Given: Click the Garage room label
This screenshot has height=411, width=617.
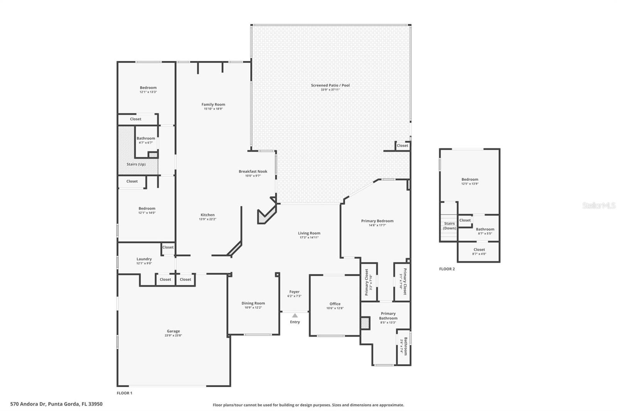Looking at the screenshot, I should coord(173,331).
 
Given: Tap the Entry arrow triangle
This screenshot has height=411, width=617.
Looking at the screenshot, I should coord(295,315).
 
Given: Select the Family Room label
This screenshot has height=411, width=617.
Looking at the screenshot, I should coord(213,104).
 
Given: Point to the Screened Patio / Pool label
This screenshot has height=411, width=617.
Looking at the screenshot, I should coord(330,85).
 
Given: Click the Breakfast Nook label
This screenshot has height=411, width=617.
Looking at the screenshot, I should coord(253,172).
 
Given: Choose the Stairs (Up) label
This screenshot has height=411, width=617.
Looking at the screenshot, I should coord(136,164).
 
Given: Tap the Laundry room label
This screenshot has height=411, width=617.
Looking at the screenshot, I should coord(144,259).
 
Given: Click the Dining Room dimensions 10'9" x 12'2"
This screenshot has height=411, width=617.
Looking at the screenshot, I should coord(253,308).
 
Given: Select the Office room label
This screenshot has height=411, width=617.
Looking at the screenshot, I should coord(335,304).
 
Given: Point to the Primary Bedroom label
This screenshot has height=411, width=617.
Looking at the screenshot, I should coord(377,221).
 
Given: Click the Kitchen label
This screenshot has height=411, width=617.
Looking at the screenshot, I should coord(207,215).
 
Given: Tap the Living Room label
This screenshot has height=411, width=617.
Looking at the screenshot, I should coord(309,233).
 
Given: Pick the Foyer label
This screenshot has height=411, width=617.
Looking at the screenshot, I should coord(294,292).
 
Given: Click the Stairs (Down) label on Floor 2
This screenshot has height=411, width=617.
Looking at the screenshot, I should coord(449,226).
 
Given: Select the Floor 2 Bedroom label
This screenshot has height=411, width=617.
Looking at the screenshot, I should coord(470,179).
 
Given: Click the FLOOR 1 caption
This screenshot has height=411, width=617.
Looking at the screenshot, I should coord(124,393).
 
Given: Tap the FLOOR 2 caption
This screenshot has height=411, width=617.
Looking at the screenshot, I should coord(447,269).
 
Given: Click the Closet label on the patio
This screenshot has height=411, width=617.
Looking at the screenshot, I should coord(402,145).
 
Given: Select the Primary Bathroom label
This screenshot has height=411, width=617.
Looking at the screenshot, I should coord(388,316).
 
